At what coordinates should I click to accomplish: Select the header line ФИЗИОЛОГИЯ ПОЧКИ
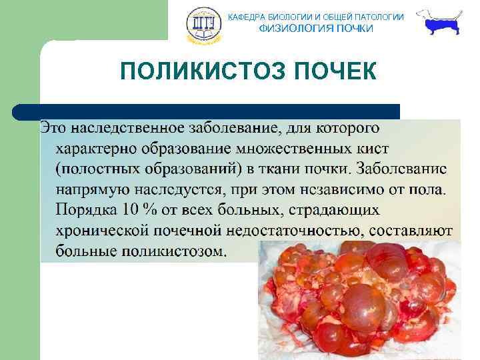pos(316,29)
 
